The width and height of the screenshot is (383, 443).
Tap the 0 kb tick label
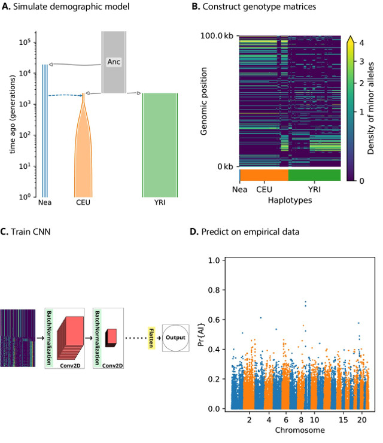tap(225, 166)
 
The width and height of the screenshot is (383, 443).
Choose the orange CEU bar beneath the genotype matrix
tap(264, 175)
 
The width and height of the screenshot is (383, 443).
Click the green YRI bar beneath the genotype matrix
tap(314, 175)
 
